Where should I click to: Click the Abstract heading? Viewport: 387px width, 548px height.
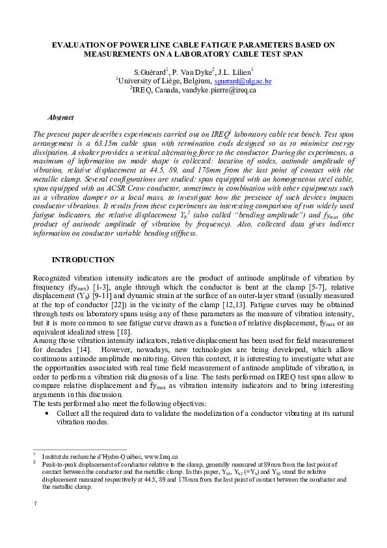click(x=60, y=118)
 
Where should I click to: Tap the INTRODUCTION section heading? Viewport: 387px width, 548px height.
click(x=83, y=260)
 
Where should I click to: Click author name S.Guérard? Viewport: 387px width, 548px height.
click(x=150, y=72)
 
